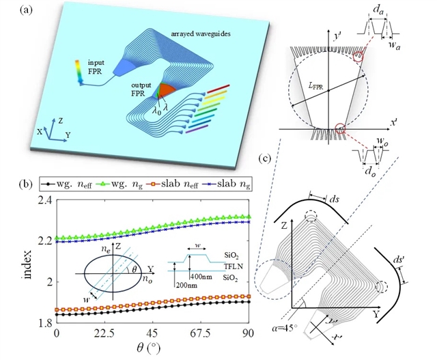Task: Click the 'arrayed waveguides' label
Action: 201,34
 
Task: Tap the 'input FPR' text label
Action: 95,67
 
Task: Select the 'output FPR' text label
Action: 141,89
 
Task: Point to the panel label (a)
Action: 26,10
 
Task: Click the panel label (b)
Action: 26,184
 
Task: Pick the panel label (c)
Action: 264,158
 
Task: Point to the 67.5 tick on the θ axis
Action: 203,333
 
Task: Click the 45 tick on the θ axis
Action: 152,333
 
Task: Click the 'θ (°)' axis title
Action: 149,348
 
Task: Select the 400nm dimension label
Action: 201,277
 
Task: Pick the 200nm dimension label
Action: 186,286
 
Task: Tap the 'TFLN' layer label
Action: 234,266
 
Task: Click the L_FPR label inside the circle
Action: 315,87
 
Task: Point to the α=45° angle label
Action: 284,328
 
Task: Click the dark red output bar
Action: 218,89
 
